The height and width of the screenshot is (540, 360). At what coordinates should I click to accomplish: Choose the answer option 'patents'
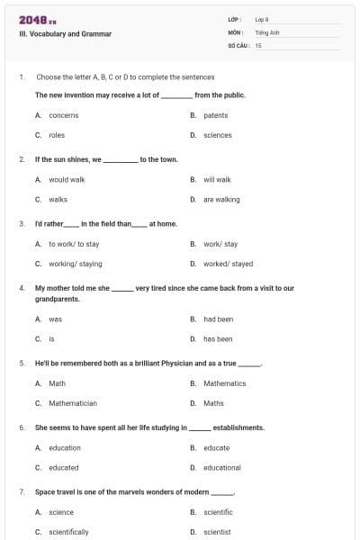216,115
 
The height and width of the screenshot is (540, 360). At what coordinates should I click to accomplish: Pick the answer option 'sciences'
218,135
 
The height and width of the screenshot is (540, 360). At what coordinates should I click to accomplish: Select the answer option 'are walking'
221,200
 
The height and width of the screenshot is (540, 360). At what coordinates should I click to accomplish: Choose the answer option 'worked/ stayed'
229,265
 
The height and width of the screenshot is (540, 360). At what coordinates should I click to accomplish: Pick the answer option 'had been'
219,319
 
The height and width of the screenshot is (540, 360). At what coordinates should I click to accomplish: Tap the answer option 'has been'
219,339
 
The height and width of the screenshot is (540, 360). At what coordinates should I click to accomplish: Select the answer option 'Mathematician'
73,403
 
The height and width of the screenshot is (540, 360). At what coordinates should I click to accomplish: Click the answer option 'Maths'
214,403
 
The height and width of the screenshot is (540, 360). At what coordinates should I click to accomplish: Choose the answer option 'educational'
222,468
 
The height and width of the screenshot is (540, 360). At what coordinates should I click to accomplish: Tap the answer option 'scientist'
218,532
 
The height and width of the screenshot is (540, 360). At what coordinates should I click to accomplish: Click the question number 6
22,427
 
